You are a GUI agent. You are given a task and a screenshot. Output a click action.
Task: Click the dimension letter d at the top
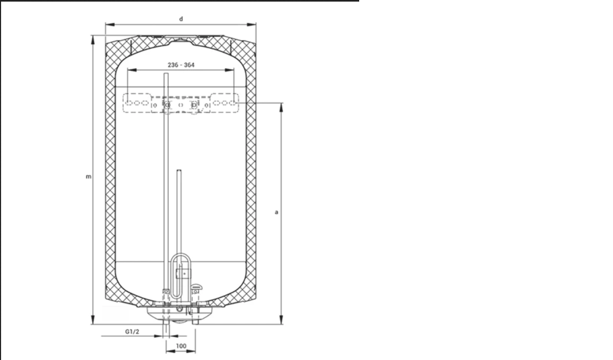tap(181, 19)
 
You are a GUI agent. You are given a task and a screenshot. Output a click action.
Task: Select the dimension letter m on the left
tap(88, 177)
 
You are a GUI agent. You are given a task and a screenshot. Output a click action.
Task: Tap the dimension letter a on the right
tap(276, 212)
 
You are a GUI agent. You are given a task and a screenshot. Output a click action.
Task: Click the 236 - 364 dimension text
tap(181, 65)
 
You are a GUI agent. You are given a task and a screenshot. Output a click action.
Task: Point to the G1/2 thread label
tap(132, 332)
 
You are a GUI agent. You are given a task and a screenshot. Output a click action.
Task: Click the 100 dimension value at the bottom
tap(181, 346)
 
